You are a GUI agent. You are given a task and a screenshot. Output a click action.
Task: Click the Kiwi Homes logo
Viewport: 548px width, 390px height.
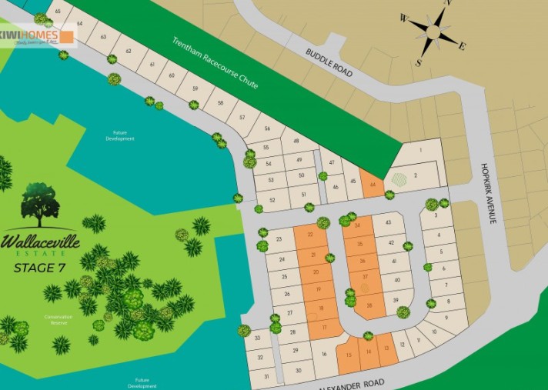click(x=38, y=36)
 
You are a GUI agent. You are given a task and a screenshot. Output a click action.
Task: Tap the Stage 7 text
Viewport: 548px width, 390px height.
click(x=40, y=268)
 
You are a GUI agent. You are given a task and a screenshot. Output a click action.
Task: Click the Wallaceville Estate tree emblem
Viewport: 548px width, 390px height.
click(x=40, y=204)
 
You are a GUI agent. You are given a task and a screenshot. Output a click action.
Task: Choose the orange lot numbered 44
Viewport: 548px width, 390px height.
click(x=373, y=185)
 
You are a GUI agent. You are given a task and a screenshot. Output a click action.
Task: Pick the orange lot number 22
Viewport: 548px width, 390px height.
click(x=310, y=234)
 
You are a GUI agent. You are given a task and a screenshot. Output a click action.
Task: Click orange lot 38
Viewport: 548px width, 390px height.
click(x=369, y=306)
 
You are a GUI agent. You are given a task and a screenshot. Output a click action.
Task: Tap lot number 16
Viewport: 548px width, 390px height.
click(x=325, y=355)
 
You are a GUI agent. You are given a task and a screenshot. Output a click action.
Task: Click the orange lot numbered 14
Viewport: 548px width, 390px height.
click(x=369, y=352)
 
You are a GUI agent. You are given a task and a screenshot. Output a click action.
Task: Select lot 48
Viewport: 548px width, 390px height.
click(x=295, y=141)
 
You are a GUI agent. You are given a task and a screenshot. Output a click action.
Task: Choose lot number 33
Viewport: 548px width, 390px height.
click(x=257, y=337)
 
